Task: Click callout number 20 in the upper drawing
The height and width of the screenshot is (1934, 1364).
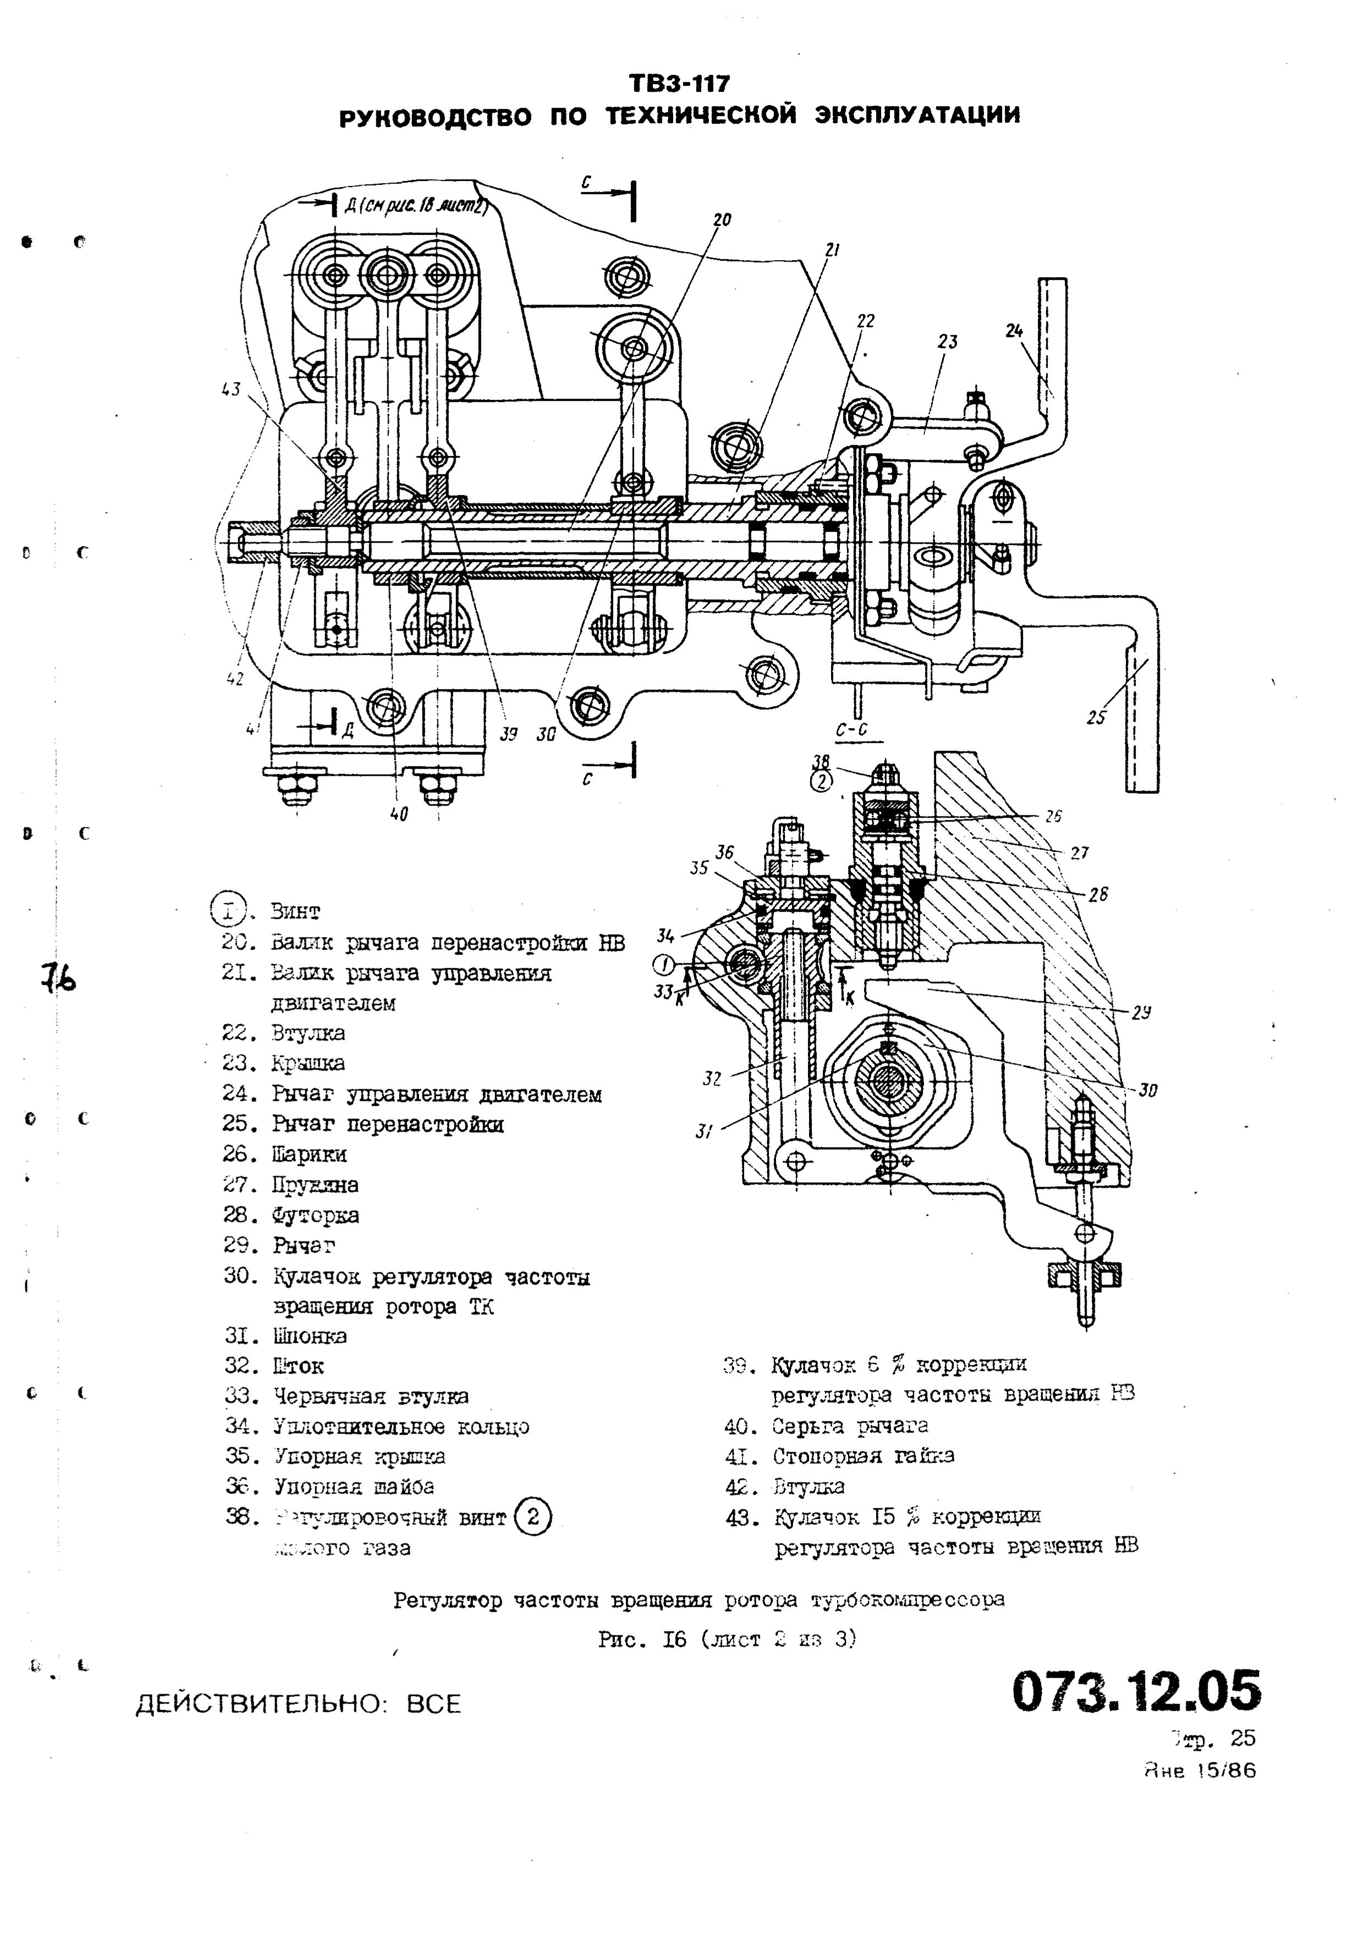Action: [722, 220]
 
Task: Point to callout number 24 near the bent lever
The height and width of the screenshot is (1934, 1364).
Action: [1014, 331]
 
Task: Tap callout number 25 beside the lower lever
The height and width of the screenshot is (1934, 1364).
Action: [1095, 718]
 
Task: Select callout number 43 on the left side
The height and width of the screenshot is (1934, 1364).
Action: [230, 389]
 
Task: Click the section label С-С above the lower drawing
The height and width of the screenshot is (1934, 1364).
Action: [852, 730]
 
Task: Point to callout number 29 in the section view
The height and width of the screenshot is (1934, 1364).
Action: [1142, 1013]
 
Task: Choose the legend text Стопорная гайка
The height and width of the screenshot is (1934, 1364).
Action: [864, 1456]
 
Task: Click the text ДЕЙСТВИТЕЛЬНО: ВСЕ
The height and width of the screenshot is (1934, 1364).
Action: [299, 1705]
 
